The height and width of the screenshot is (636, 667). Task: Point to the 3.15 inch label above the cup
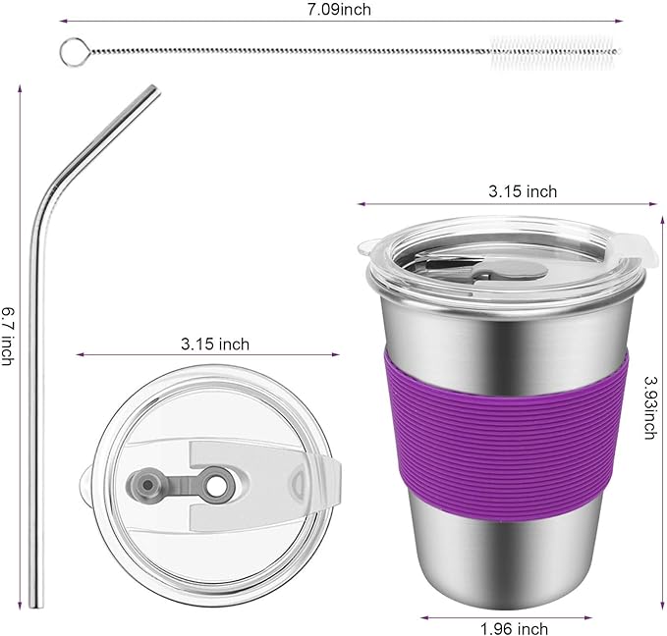pyautogui.click(x=523, y=191)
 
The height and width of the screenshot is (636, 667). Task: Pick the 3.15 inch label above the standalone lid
pyautogui.click(x=214, y=344)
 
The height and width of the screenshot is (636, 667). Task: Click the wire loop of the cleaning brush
pyautogui.click(x=71, y=48)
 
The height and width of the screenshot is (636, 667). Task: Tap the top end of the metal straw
pyautogui.click(x=152, y=90)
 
